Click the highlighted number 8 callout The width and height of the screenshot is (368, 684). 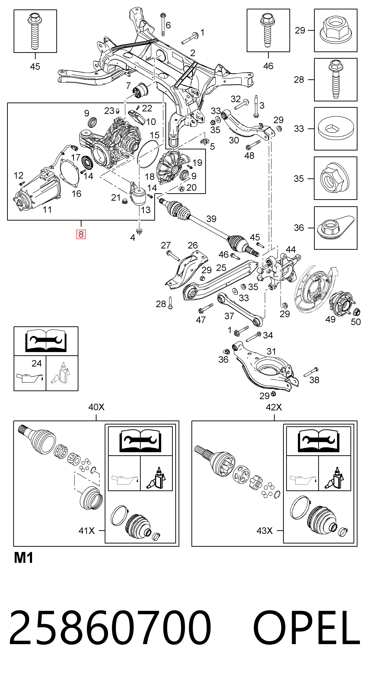(x=81, y=234)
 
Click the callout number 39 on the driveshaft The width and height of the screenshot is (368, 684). (x=211, y=219)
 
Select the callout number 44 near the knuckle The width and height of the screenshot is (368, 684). (x=290, y=249)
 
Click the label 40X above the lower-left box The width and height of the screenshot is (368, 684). (x=96, y=407)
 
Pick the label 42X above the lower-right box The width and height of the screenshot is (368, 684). (x=274, y=407)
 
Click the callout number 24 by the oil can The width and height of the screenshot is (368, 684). (x=36, y=363)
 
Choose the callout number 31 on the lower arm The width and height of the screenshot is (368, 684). (x=271, y=351)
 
